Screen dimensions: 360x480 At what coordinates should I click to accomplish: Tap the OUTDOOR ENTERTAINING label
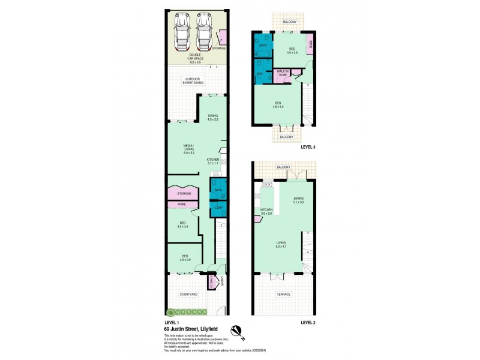tap(193, 81)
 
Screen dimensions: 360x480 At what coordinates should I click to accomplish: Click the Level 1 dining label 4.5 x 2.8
tap(213, 118)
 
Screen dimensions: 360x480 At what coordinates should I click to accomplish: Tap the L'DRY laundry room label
tap(218, 208)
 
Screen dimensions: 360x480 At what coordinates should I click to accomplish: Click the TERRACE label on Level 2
tap(283, 295)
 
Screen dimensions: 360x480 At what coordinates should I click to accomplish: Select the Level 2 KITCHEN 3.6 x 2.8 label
tap(266, 211)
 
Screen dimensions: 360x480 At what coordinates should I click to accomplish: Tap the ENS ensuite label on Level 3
tap(260, 74)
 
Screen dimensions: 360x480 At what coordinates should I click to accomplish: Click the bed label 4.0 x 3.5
tap(292, 51)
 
